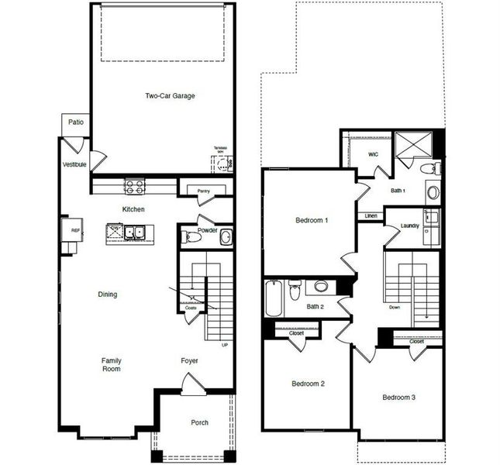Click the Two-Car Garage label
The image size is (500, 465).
[x=169, y=96]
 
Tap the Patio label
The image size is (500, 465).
[x=75, y=122]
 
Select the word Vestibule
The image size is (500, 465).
[x=75, y=164]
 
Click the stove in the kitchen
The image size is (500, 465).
[x=134, y=186]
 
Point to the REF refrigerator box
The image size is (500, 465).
[x=75, y=230]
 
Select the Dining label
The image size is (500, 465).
[x=107, y=294]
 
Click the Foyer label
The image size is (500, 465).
[x=190, y=360]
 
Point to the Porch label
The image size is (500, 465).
[x=199, y=422]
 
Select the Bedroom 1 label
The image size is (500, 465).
[x=312, y=221]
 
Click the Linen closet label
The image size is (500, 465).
[x=371, y=215]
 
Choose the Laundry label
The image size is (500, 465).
[x=410, y=226]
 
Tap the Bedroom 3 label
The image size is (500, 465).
[x=399, y=398]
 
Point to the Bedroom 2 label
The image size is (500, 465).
[x=308, y=384]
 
